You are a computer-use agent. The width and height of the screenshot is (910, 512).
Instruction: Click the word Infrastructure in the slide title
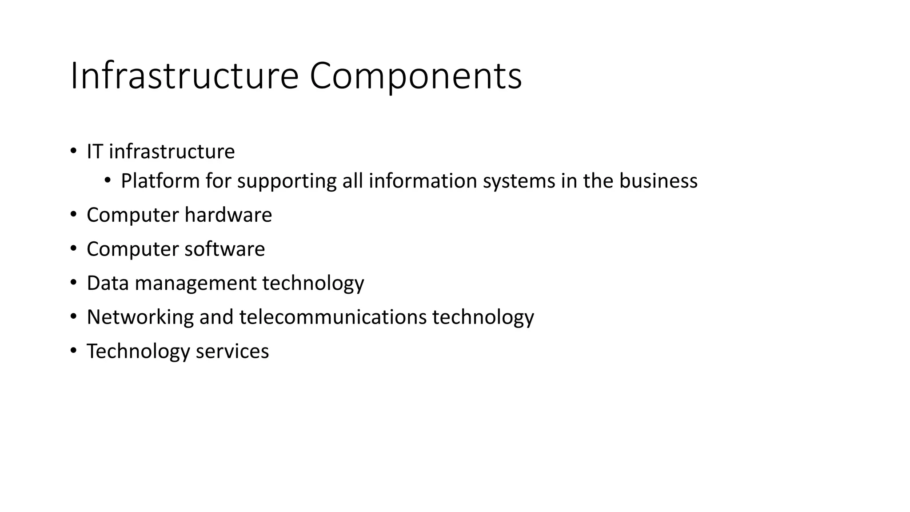(x=184, y=76)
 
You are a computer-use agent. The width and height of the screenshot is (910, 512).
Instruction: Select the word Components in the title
(x=415, y=76)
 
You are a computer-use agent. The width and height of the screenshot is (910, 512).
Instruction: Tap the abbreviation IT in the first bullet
(x=95, y=152)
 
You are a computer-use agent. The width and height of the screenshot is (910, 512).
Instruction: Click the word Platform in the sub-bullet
(x=160, y=181)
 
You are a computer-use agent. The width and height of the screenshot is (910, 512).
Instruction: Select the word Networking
(x=140, y=317)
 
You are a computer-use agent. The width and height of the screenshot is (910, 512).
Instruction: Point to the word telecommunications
(x=333, y=317)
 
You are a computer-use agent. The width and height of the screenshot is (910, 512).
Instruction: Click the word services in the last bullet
(x=232, y=351)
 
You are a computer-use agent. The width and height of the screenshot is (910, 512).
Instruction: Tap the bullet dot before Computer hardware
(x=73, y=215)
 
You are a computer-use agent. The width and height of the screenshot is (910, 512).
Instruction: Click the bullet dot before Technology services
(x=73, y=351)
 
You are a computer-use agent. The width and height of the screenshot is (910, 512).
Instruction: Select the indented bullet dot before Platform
(x=108, y=180)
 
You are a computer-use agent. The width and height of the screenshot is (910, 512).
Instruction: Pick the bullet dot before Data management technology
(x=73, y=283)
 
